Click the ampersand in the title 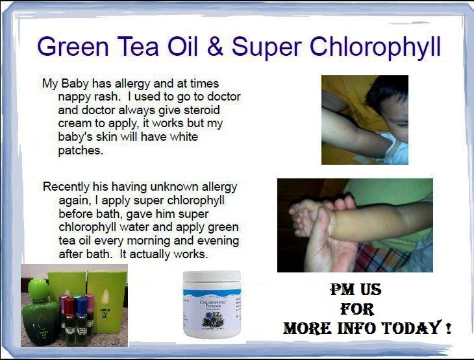pyautogui.click(x=215, y=47)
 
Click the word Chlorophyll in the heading pyautogui.click(x=375, y=47)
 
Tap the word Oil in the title pyautogui.click(x=182, y=47)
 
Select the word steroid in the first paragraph pyautogui.click(x=202, y=110)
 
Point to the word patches pyautogui.click(x=81, y=150)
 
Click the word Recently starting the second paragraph pyautogui.click(x=66, y=187)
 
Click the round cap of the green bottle pyautogui.click(x=38, y=289)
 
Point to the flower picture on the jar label pyautogui.click(x=212, y=318)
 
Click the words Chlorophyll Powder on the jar pyautogui.click(x=214, y=304)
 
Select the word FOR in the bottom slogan pyautogui.click(x=357, y=309)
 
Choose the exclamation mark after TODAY pyautogui.click(x=448, y=328)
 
